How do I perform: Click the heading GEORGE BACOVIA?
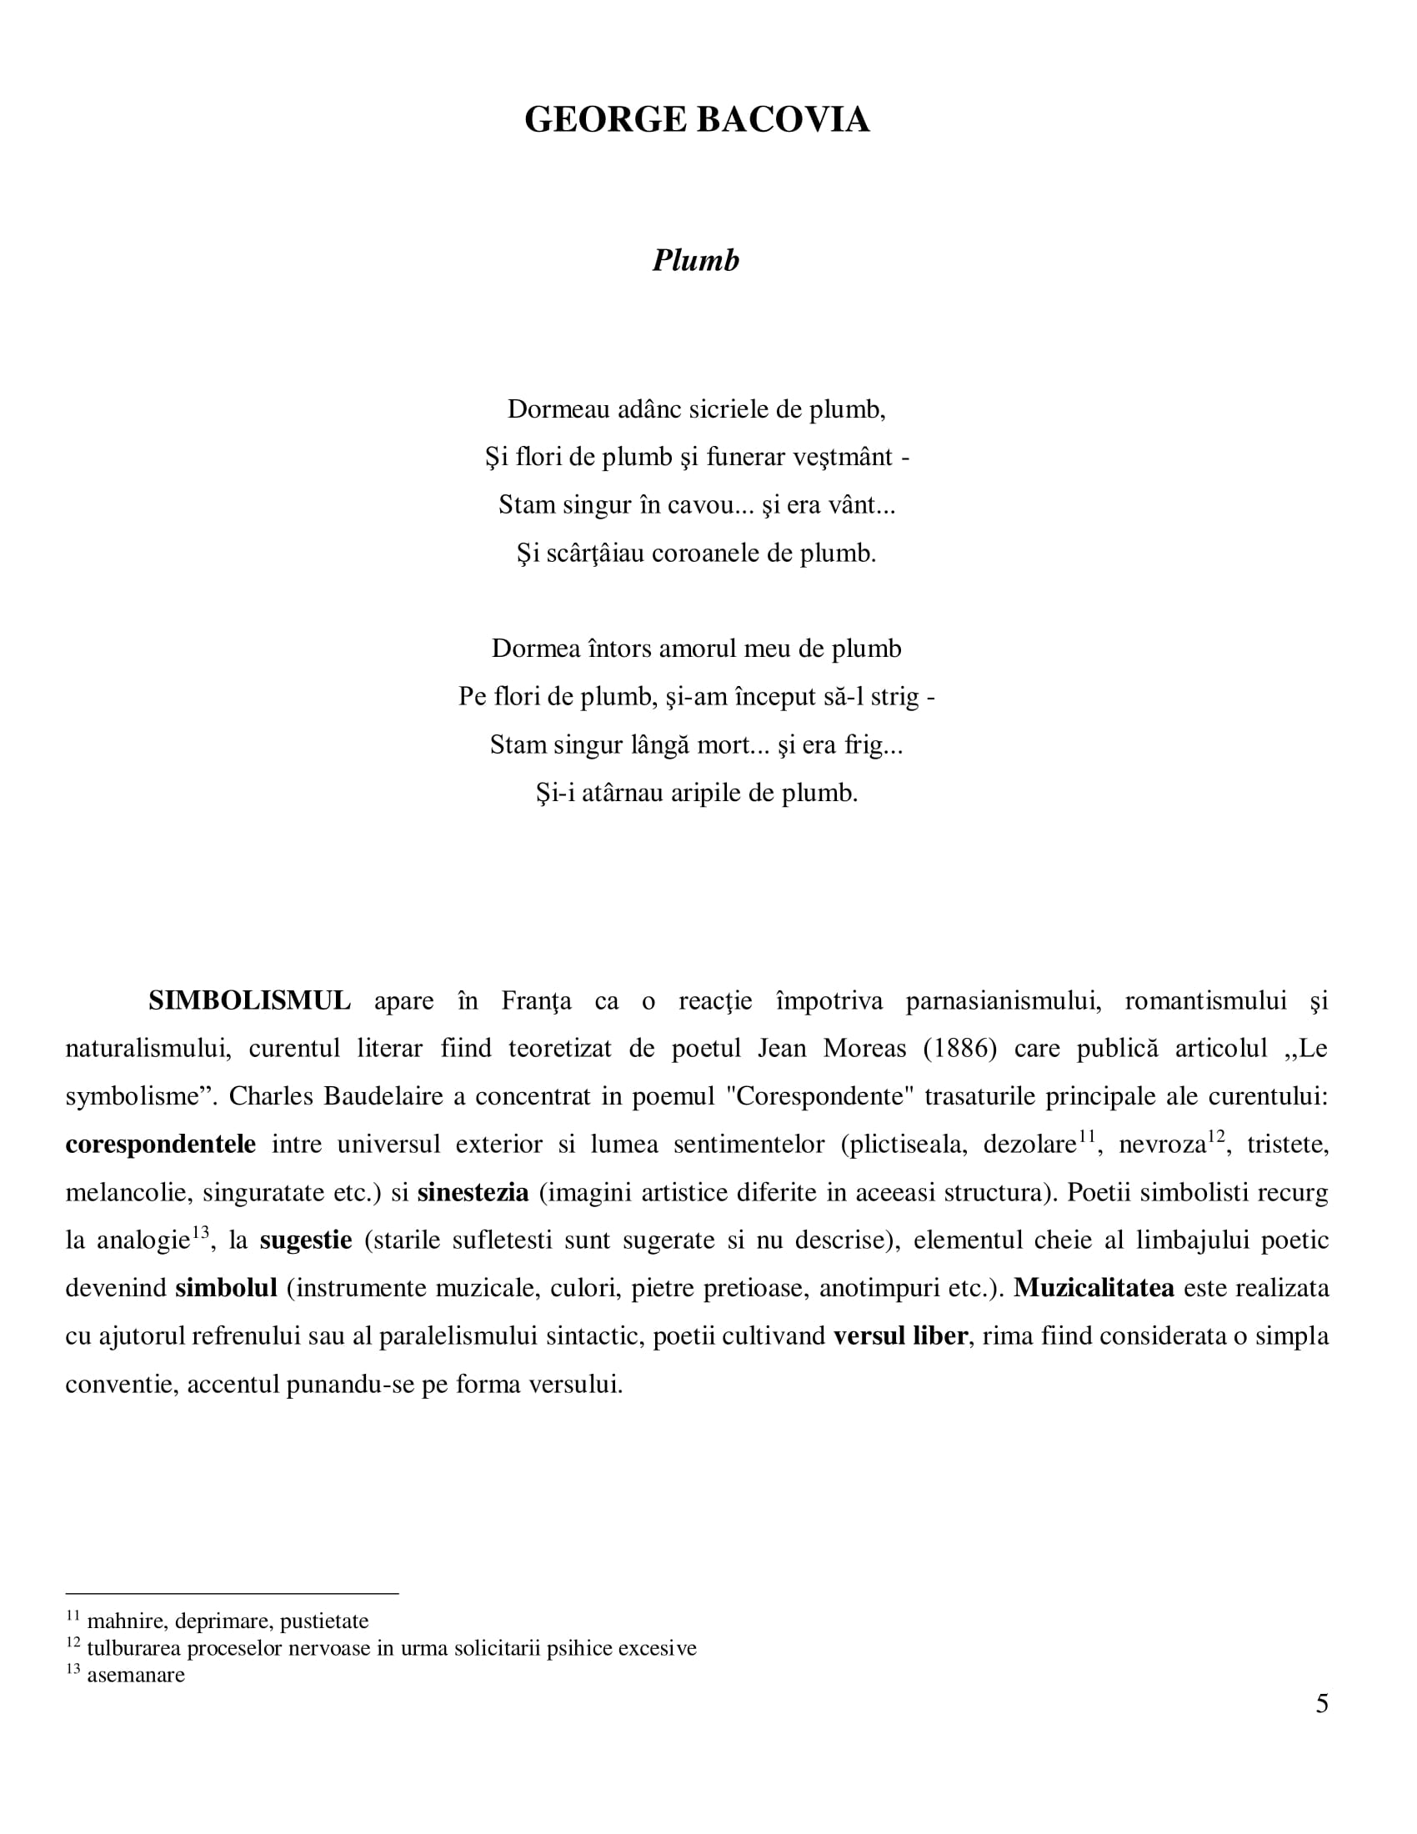(x=697, y=119)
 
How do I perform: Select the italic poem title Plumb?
(x=696, y=260)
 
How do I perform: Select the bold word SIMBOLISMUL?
(x=249, y=1001)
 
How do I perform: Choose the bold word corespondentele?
(x=160, y=1145)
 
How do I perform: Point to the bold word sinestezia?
(x=473, y=1192)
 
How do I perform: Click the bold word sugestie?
(x=306, y=1240)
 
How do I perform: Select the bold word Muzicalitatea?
(x=1093, y=1288)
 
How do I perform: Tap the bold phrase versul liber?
(x=900, y=1336)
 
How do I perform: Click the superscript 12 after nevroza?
(x=1216, y=1136)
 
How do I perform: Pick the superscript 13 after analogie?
(x=200, y=1232)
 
